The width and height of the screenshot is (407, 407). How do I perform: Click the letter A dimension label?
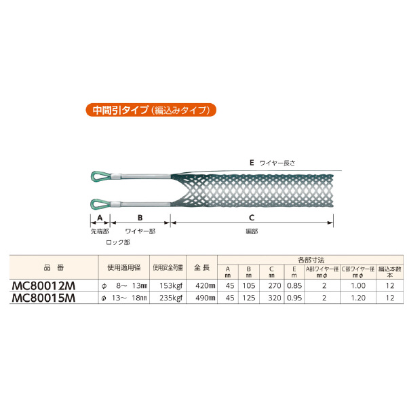pyautogui.click(x=100, y=218)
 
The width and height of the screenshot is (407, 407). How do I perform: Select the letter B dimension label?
pyautogui.click(x=140, y=218)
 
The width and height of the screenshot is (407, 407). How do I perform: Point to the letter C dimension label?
pyautogui.click(x=251, y=218)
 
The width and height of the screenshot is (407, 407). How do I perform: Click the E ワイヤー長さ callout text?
pyautogui.click(x=274, y=163)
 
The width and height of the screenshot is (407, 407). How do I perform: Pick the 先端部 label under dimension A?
pyautogui.click(x=100, y=231)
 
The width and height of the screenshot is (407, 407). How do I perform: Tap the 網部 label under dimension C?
pyautogui.click(x=252, y=231)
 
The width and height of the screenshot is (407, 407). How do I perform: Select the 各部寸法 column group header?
pyautogui.click(x=311, y=259)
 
